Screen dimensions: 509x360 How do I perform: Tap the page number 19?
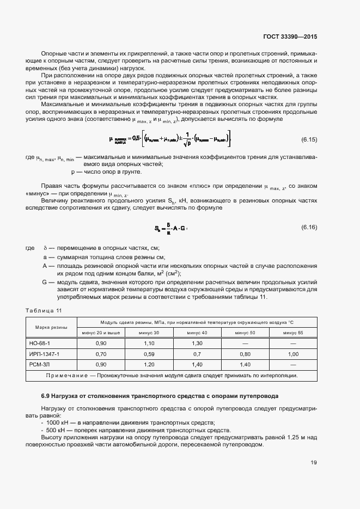point(314,463)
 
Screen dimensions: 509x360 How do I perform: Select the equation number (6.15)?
point(309,139)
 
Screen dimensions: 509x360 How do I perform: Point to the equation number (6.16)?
point(309,227)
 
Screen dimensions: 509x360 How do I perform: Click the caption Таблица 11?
point(44,310)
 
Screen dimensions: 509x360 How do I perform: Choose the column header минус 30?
point(149,332)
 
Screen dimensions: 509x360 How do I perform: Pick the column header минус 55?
point(292,332)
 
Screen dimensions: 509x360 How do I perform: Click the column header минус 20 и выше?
point(101,332)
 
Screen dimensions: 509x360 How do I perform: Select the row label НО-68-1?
point(39,344)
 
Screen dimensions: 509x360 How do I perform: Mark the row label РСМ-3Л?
point(39,364)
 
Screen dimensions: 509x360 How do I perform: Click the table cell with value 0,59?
point(149,354)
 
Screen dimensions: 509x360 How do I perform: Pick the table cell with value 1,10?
point(149,344)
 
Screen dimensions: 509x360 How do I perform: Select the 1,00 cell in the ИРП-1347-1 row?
point(292,354)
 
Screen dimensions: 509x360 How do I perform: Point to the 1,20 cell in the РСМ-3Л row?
point(149,364)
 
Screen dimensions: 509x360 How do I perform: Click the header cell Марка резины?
point(51,327)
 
